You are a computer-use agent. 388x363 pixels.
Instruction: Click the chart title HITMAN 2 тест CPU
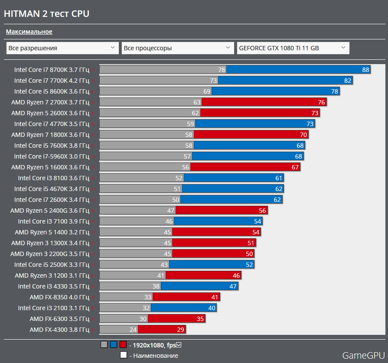46,14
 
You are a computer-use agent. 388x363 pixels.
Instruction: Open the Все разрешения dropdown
62,48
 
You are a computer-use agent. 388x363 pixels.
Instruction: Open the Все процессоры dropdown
178,48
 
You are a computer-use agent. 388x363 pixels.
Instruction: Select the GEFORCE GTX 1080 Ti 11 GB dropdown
293,48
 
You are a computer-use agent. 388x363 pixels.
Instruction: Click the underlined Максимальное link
29,32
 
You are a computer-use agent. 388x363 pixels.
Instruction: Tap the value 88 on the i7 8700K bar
365,70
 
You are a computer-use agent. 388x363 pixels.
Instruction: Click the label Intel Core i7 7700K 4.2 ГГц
52,81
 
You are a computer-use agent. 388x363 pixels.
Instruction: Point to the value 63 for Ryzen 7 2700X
197,102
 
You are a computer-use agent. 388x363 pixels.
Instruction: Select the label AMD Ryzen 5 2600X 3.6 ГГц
50,113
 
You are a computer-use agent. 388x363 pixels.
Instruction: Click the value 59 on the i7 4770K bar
190,124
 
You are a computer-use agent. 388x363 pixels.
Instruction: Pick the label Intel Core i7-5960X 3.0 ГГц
52,156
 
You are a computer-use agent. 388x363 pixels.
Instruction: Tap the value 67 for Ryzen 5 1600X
296,167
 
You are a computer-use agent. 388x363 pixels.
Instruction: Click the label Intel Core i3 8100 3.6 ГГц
53,178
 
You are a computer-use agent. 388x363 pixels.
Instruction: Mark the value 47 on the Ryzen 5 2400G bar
171,211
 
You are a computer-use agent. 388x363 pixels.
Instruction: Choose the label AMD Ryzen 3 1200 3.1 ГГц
52,275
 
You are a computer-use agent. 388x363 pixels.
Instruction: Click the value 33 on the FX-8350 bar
148,297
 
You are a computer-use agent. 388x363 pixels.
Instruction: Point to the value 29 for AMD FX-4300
180,330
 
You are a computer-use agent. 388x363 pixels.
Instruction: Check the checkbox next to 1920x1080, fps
179,345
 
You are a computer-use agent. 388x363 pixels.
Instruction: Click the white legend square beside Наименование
124,355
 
